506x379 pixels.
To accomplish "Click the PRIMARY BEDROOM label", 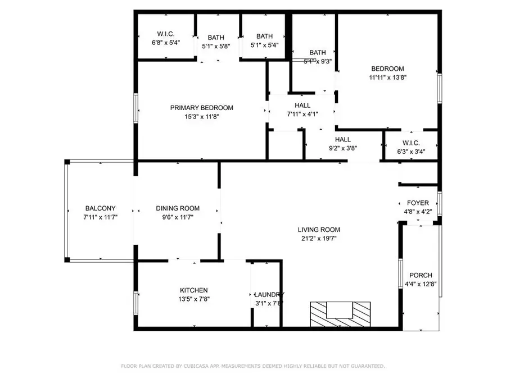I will tap(201, 108).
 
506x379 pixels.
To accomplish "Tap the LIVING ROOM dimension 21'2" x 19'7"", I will tap(319, 238).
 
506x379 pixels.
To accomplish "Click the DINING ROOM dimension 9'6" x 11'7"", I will tap(178, 217).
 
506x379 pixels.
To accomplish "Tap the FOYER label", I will tap(418, 203).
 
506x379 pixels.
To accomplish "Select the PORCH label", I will tap(421, 275).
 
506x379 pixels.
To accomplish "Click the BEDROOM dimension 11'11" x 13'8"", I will tap(387, 78).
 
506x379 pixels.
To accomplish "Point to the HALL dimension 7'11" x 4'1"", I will tap(302, 115).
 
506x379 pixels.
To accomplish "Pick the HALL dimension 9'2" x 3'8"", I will tap(342, 149).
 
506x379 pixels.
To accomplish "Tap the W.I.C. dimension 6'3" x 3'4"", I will tap(411, 152).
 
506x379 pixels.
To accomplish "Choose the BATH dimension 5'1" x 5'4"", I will tap(264, 45).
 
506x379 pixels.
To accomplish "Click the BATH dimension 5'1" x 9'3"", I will tap(318, 62).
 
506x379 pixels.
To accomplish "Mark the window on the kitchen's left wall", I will tap(135, 302).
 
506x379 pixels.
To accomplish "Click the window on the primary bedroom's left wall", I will tap(135, 108).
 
